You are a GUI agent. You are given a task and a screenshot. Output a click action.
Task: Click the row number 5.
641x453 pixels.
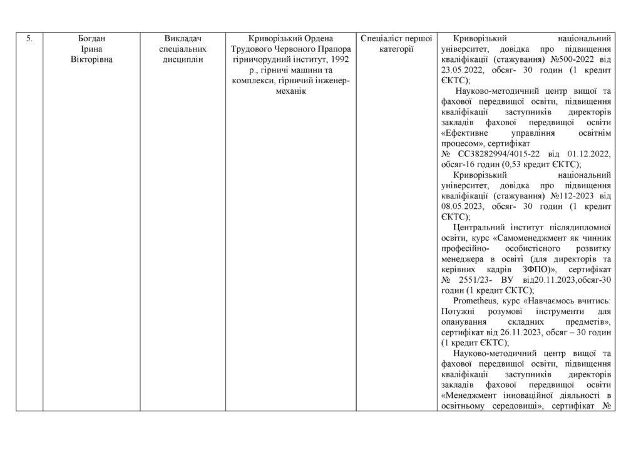29,39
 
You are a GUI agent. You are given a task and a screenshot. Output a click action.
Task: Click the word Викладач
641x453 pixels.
182,39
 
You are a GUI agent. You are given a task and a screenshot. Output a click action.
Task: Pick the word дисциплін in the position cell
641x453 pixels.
182,60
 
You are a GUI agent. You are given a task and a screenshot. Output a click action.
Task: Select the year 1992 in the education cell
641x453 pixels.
337,60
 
